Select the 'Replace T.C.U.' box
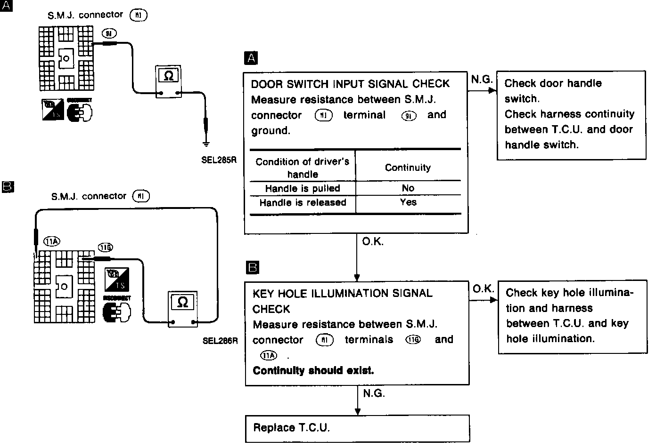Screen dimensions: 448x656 357,428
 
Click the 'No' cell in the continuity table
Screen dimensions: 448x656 408,188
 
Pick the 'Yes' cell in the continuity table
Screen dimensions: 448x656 408,202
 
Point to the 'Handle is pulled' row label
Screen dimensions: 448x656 303,188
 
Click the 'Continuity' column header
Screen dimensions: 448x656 408,168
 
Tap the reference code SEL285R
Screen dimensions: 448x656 219,160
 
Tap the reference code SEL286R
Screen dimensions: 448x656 220,340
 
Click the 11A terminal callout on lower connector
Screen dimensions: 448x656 52,242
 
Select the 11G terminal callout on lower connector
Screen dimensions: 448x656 105,248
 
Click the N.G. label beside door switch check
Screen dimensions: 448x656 482,80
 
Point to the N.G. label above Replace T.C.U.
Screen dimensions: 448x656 374,393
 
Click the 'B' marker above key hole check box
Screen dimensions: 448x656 253,268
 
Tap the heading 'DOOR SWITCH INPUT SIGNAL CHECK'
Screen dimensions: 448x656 350,84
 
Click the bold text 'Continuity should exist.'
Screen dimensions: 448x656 313,370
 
